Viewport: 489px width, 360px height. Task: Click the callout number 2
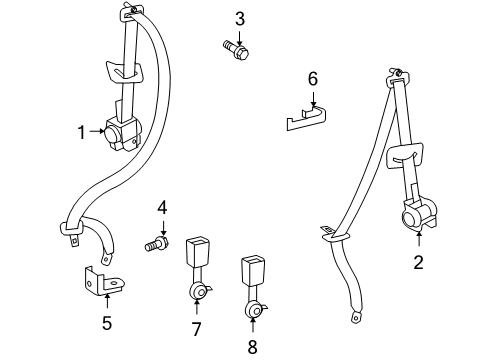click(418, 263)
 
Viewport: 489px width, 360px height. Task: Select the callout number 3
click(240, 18)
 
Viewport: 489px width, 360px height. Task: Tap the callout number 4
click(160, 207)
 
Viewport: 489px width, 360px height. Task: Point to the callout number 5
click(107, 323)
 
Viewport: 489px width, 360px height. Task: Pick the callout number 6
click(312, 78)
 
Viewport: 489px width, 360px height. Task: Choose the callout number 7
click(196, 327)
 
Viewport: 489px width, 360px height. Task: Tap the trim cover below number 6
click(306, 116)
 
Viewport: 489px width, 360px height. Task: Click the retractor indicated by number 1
click(124, 133)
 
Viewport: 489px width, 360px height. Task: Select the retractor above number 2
click(415, 216)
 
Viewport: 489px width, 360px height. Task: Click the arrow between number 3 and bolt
click(240, 33)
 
